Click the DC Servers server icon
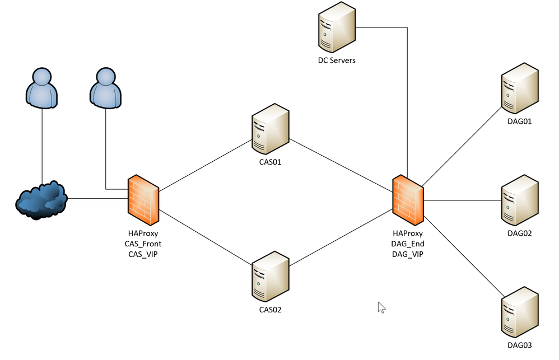(337, 27)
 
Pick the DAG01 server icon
(519, 90)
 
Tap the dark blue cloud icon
(41, 200)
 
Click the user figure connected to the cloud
(42, 88)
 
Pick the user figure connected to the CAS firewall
(106, 88)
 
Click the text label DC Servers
(337, 60)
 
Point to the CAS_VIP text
(143, 254)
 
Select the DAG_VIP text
(408, 254)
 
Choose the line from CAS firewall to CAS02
(204, 237)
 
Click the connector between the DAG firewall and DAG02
(462, 200)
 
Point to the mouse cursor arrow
(381, 307)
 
